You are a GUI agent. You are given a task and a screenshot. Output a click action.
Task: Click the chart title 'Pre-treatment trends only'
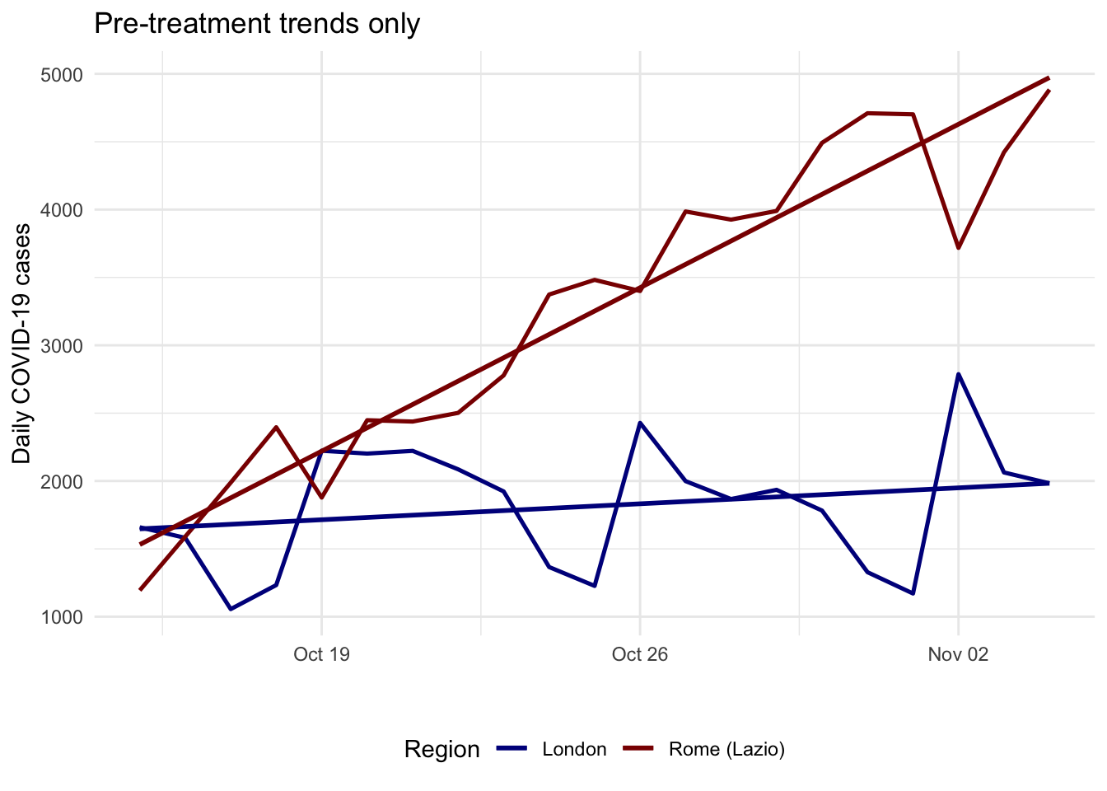coord(257,24)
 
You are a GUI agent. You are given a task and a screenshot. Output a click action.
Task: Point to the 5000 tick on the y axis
coord(61,75)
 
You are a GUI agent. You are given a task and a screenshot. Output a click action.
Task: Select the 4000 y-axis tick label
coord(61,211)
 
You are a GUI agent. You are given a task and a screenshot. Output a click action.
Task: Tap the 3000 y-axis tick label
coord(61,346)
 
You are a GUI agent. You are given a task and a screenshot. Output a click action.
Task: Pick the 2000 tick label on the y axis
coord(61,482)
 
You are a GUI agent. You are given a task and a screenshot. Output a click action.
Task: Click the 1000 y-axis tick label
coord(61,617)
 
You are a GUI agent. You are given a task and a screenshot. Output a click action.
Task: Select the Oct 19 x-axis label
coord(322,654)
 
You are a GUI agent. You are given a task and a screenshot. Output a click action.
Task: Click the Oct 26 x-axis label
coord(640,654)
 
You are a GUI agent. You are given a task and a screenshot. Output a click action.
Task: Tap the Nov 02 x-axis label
coord(958,654)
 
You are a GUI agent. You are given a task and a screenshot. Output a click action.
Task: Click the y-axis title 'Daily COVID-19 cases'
coord(21,344)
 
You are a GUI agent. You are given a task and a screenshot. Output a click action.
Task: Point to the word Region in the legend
coord(441,750)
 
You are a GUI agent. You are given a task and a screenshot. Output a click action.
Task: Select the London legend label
coord(574,750)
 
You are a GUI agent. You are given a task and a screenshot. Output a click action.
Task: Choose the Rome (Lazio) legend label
coord(727,750)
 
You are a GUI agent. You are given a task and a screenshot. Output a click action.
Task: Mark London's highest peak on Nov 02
coord(958,374)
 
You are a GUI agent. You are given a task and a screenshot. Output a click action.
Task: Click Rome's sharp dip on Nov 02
coord(958,247)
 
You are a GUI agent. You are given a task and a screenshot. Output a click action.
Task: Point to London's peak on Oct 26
coord(640,423)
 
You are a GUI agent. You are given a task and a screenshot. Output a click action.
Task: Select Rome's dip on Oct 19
coord(322,498)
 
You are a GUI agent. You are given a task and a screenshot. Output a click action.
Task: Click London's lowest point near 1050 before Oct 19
coord(231,609)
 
